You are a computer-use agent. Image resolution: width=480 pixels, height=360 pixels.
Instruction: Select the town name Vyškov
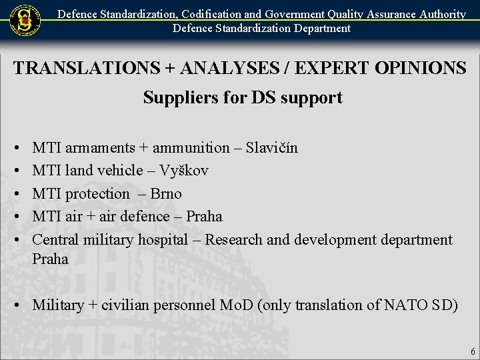pos(183,171)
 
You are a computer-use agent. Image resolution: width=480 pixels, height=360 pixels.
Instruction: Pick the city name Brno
pos(166,193)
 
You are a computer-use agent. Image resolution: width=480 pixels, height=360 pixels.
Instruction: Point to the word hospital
pos(163,239)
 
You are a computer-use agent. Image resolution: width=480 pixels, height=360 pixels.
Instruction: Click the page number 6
pos(473,351)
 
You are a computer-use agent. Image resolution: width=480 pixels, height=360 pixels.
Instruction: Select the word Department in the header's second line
pos(317,28)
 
